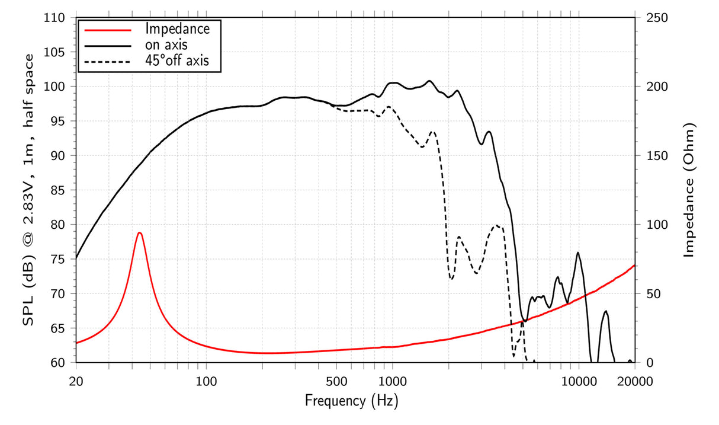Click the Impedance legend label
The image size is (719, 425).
177,28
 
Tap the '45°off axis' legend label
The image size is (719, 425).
177,60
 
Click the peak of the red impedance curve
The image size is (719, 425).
139,232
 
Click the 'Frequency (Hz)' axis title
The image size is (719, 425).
351,401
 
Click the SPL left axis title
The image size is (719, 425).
28,190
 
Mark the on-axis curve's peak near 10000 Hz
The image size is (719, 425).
578,253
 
